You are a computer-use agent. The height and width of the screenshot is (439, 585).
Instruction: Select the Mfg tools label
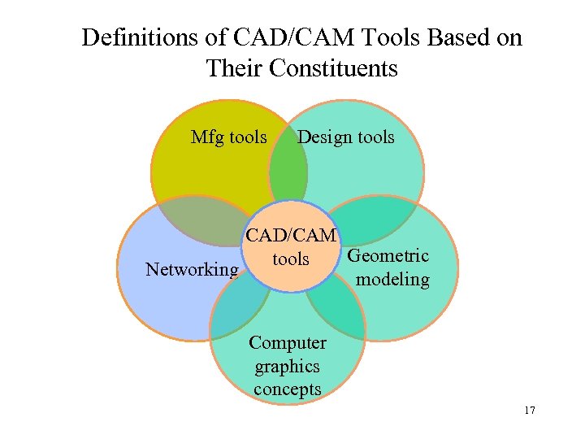pos(228,137)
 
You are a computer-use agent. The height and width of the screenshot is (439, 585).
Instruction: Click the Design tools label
pos(345,137)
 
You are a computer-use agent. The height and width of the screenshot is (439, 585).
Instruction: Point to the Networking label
pos(192,270)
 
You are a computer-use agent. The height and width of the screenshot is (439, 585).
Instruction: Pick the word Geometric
pos(388,256)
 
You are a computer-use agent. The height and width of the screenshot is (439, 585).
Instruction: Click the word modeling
pos(392,280)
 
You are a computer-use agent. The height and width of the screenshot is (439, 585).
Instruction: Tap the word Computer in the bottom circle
pos(288,343)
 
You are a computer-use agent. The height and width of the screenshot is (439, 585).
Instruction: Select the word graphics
pos(287,367)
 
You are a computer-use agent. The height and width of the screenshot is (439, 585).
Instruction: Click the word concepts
pos(287,390)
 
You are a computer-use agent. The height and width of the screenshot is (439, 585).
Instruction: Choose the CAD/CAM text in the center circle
pos(291,236)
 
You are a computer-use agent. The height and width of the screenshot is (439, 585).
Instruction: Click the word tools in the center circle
pos(290,259)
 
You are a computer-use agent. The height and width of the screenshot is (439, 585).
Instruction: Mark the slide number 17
pos(530,411)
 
